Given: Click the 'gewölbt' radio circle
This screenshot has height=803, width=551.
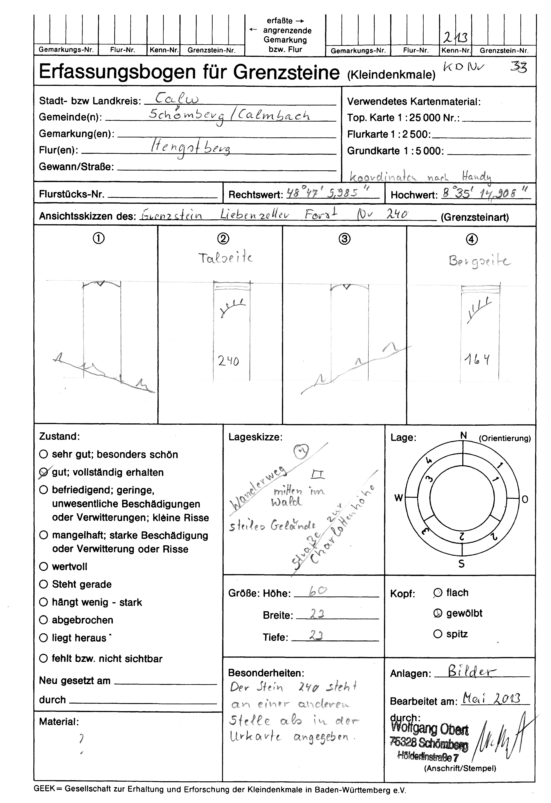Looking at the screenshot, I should pyautogui.click(x=438, y=613).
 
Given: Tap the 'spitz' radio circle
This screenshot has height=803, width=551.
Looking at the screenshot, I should pyautogui.click(x=438, y=634).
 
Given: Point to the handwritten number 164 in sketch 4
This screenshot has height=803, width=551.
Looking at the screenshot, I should pyautogui.click(x=477, y=360).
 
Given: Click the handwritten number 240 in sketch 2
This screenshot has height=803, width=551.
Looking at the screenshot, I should pyautogui.click(x=228, y=361).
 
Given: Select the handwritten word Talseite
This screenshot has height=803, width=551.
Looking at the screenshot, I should pyautogui.click(x=225, y=258).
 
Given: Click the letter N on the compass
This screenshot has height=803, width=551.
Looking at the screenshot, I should pyautogui.click(x=463, y=436).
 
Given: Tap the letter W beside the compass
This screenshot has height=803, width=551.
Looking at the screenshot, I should pyautogui.click(x=399, y=498).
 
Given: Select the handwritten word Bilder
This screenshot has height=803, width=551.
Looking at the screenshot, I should pyautogui.click(x=472, y=672).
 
